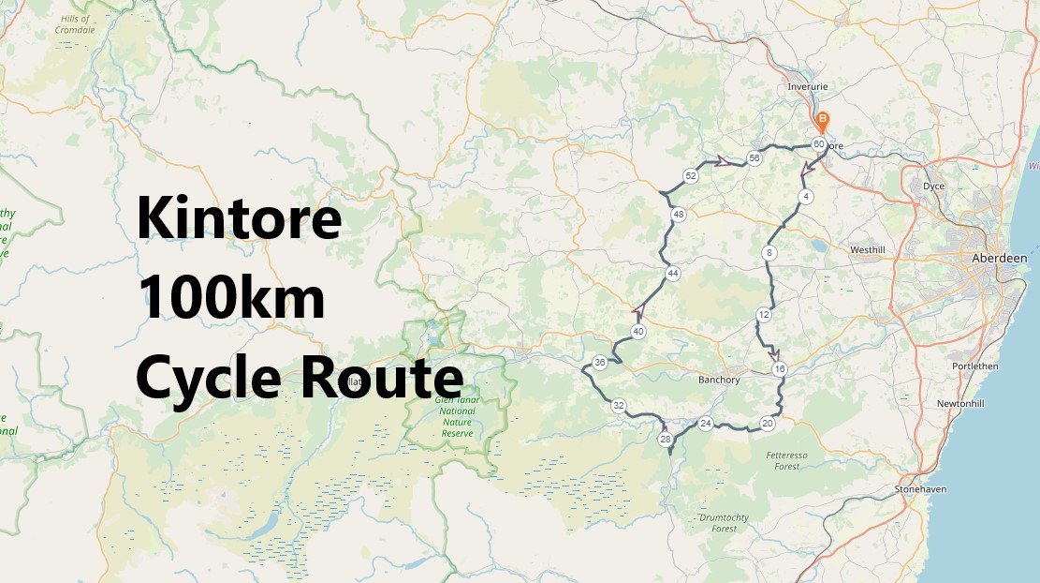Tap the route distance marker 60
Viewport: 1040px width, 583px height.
[x=819, y=144]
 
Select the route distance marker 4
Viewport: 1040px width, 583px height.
[x=805, y=196]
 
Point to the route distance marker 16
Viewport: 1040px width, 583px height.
[x=780, y=369]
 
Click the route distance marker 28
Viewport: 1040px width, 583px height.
[x=666, y=439]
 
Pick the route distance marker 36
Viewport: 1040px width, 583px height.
[x=600, y=363]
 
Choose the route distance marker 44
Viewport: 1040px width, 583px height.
[x=672, y=273]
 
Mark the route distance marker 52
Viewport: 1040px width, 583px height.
[x=691, y=176]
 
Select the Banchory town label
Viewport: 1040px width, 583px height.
[x=719, y=380]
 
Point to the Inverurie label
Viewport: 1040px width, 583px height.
[x=808, y=86]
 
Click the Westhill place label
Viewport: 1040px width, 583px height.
[x=867, y=250]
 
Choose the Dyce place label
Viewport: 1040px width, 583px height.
[x=933, y=187]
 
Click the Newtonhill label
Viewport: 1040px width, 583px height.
[x=963, y=404]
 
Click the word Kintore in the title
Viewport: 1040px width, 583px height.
[x=239, y=219]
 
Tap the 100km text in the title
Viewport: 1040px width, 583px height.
[x=231, y=299]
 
